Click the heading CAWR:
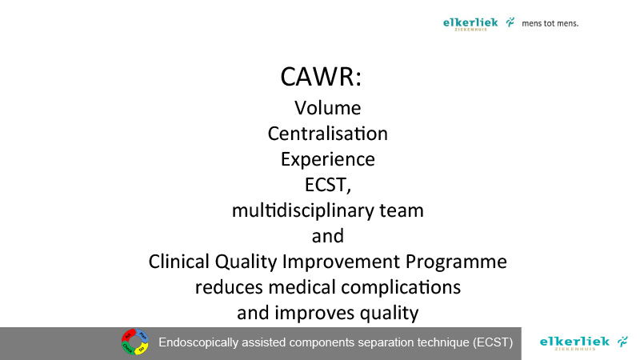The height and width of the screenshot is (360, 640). (x=321, y=76)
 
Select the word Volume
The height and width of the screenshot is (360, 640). (x=328, y=108)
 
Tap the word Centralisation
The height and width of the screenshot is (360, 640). (x=328, y=134)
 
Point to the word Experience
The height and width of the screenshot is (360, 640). (x=328, y=159)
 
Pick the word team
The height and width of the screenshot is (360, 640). (x=402, y=211)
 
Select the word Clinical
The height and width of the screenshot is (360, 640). (x=179, y=262)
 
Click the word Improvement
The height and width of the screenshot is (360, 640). (x=342, y=262)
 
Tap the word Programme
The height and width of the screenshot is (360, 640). (x=456, y=262)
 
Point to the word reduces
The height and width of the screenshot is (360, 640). (x=229, y=287)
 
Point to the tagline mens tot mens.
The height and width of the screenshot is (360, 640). (x=550, y=23)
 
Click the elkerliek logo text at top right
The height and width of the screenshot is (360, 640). (x=470, y=24)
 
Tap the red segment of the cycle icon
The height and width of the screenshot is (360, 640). (x=128, y=335)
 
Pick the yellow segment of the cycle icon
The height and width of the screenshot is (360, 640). (x=142, y=349)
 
